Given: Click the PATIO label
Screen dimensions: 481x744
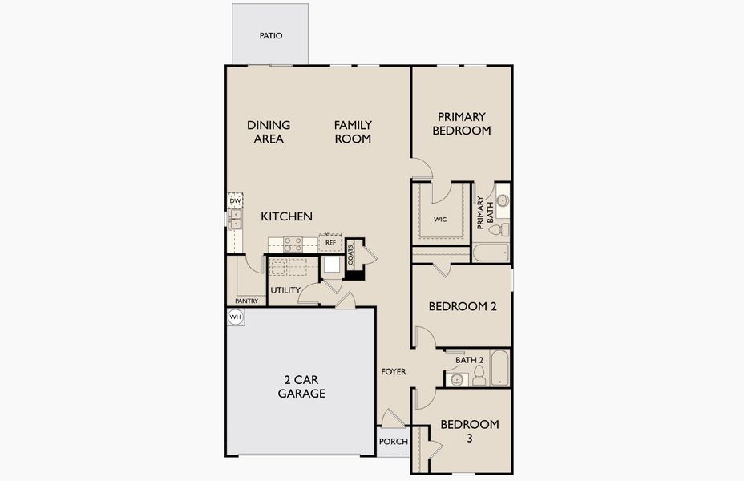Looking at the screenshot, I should [x=271, y=36].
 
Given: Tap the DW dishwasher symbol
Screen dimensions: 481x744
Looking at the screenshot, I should [x=235, y=201].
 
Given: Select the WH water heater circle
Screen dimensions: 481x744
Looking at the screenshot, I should [x=235, y=317].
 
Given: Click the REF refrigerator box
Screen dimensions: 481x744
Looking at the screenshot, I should [x=330, y=242].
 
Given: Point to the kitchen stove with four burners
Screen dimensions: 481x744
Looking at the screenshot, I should [x=292, y=243].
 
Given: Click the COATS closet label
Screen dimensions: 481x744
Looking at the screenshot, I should [x=351, y=255].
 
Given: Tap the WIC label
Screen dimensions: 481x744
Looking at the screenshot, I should [x=439, y=219].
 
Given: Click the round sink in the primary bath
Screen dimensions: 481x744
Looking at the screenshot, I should [x=502, y=200].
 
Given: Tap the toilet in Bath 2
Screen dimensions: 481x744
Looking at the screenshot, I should [x=479, y=378].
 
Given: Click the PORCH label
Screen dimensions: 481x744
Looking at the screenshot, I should [x=393, y=442].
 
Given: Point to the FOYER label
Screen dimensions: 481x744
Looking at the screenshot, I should [x=394, y=372].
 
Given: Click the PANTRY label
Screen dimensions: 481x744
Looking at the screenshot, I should [x=246, y=301].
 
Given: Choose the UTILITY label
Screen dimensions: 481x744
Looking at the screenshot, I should [x=285, y=290].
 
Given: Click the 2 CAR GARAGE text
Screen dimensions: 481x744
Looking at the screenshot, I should [x=301, y=386].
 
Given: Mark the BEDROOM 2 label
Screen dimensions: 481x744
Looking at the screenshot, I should [x=459, y=306].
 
